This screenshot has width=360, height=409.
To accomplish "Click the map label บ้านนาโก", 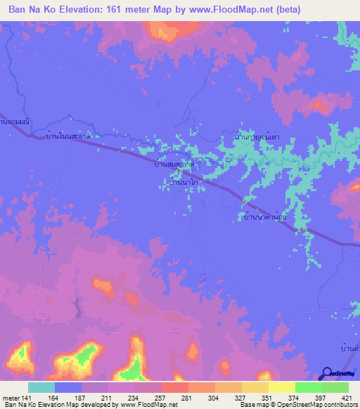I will tap(183, 181).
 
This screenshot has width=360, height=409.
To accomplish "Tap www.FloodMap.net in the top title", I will tap(231, 10).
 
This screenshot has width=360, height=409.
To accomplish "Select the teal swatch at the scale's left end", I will tap(41, 387).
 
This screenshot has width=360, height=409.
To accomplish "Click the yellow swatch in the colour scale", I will tap(281, 387).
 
